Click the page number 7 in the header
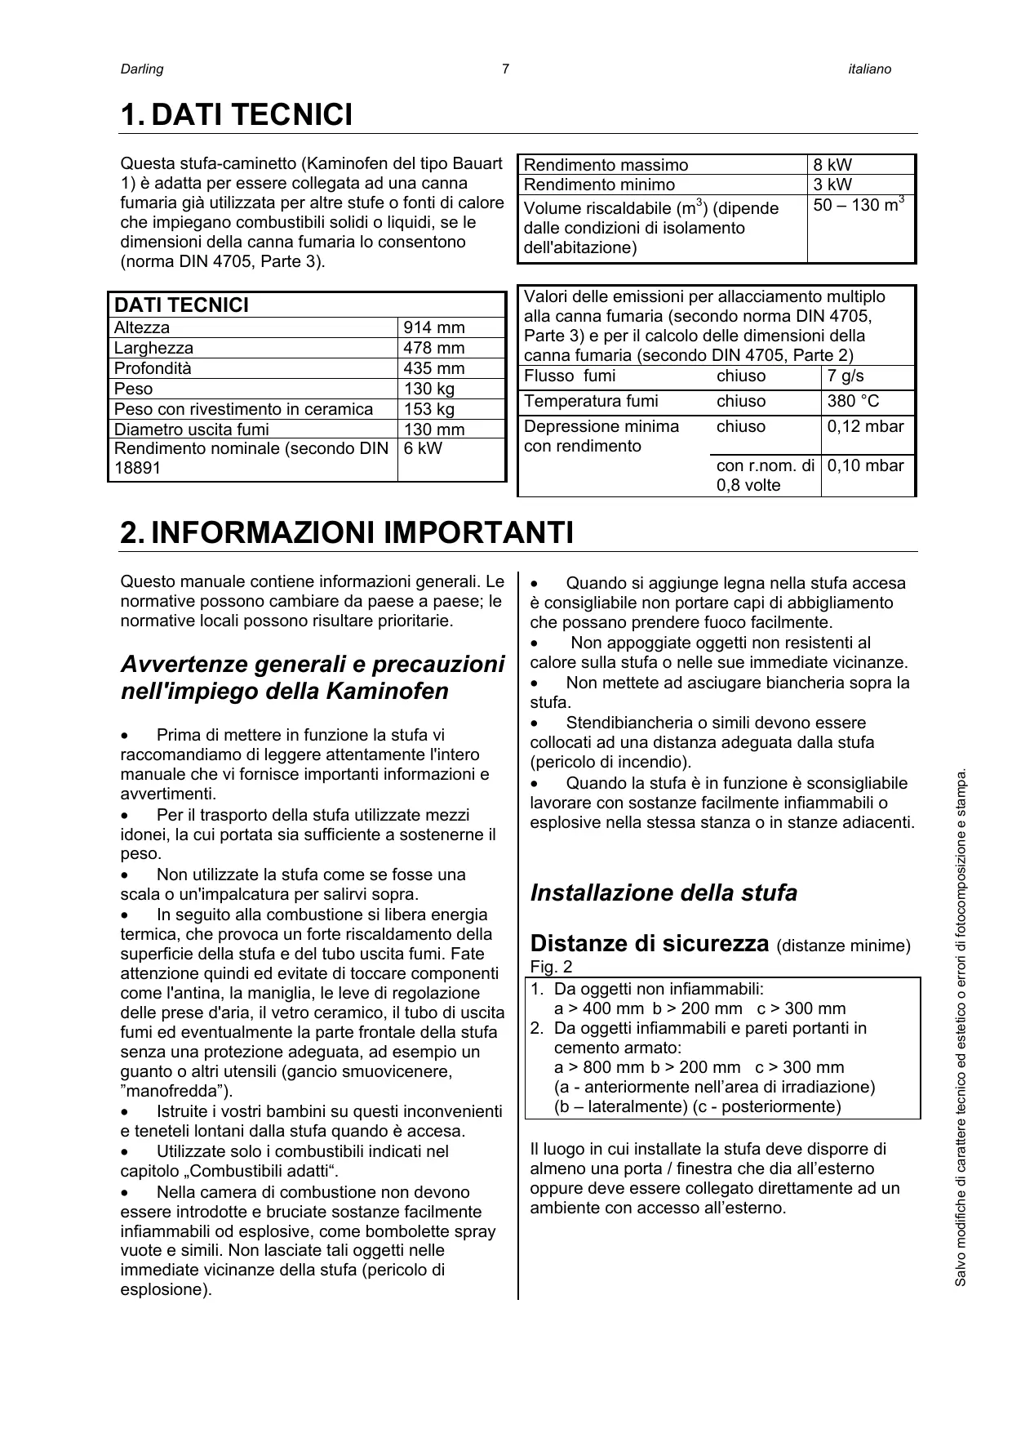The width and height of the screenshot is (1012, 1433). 505,69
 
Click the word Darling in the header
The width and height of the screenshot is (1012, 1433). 142,69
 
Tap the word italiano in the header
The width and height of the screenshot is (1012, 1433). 869,69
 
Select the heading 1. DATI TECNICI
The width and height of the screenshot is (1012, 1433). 237,115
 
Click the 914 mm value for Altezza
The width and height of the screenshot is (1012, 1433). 434,328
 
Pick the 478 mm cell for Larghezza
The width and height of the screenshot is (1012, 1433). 434,349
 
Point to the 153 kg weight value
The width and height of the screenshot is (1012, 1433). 429,410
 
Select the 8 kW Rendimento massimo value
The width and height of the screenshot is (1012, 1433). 832,165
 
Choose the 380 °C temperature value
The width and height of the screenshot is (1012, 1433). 853,401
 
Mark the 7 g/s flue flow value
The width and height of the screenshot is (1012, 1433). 846,376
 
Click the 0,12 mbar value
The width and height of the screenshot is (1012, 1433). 865,426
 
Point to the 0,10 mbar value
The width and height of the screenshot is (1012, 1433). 865,466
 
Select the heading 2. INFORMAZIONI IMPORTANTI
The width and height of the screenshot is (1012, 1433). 347,533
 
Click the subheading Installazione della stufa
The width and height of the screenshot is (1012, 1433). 664,893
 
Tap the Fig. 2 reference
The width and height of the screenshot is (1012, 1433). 551,968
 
